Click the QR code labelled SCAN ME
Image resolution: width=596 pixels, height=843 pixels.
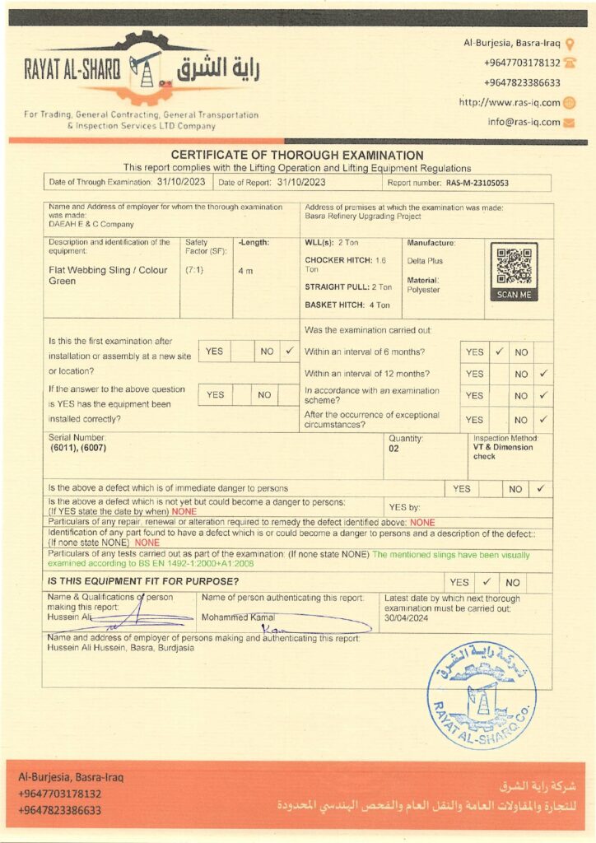coord(514,266)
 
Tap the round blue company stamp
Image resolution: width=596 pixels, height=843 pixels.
coord(482,694)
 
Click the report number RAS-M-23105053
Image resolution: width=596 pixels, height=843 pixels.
coord(477,183)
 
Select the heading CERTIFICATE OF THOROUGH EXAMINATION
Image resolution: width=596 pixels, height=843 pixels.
coord(297,155)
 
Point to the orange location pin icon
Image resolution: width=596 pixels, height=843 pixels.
coord(570,44)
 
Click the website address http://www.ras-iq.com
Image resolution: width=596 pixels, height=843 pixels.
coord(510,103)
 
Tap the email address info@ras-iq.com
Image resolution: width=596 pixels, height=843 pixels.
coord(524,122)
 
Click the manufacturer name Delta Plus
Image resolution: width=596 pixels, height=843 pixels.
coord(424,261)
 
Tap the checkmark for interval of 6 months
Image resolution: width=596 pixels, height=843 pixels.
coord(499,352)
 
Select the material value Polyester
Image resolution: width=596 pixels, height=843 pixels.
coord(424,290)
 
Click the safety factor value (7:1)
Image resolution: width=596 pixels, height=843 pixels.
coord(195,269)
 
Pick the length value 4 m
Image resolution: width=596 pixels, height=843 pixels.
coord(245,270)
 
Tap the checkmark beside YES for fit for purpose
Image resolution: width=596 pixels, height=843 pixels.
coord(487,581)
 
